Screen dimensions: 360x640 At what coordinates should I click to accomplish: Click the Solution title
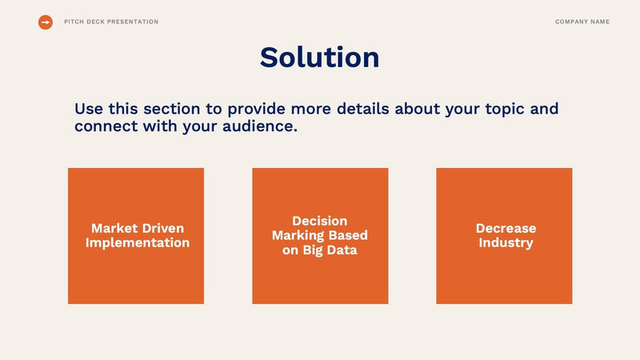click(319, 58)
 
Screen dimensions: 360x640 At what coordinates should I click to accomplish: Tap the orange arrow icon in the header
click(46, 22)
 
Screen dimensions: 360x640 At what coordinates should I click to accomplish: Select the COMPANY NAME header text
click(582, 22)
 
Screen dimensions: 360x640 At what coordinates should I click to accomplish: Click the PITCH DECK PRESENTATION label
click(111, 22)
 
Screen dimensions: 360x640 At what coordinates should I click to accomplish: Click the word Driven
click(163, 229)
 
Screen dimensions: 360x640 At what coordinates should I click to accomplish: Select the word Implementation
click(138, 243)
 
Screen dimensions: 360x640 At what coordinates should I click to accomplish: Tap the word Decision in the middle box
click(319, 221)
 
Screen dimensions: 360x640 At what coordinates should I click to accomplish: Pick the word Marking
click(299, 235)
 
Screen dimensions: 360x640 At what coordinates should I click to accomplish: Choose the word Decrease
click(506, 229)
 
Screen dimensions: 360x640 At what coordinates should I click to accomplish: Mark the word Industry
click(506, 243)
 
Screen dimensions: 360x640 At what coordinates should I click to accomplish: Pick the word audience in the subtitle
click(257, 126)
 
